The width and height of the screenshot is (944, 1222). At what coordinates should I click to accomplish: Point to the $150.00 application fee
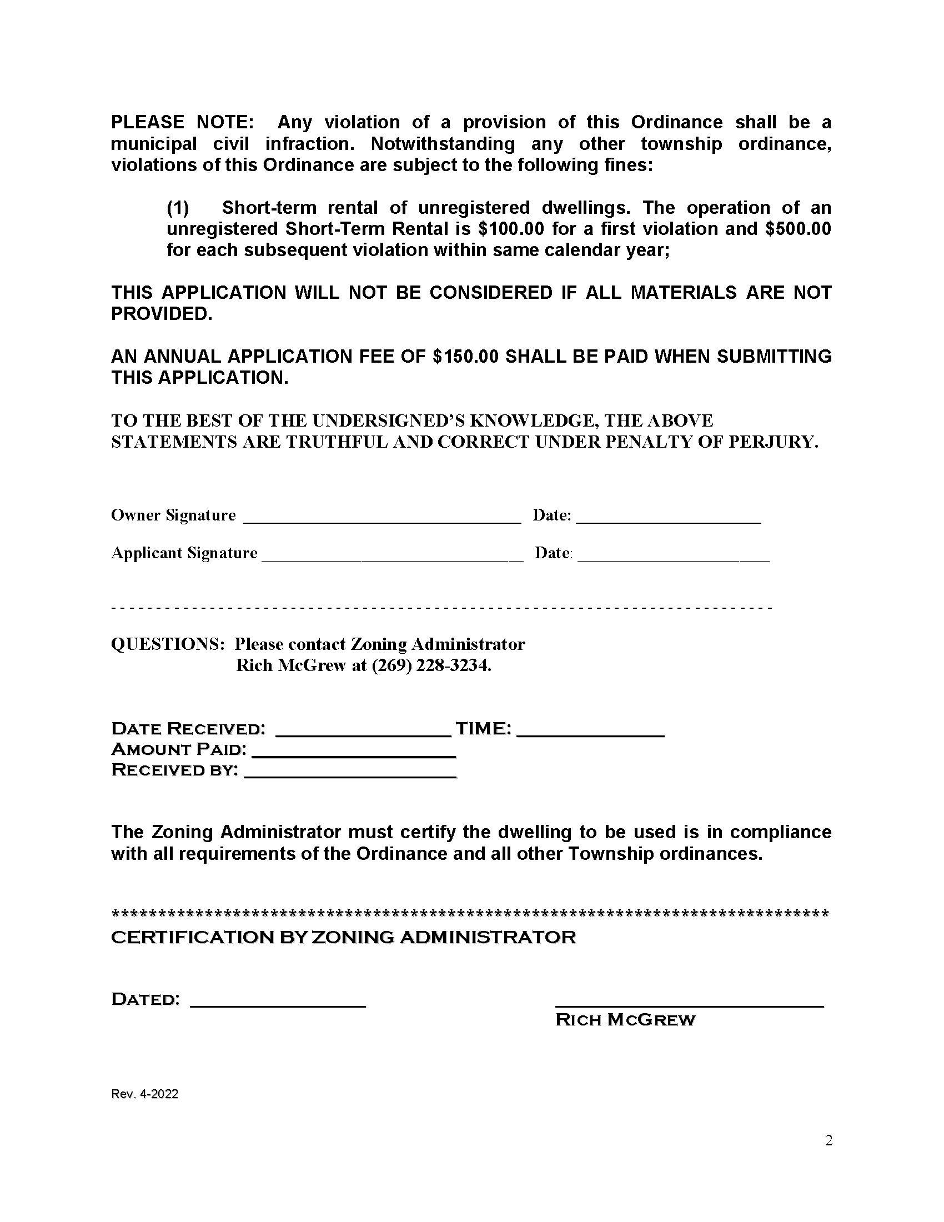465,357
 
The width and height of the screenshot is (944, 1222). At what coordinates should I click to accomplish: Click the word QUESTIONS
168,644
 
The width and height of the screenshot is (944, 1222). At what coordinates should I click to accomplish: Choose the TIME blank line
591,733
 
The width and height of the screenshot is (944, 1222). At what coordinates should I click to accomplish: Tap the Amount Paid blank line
354,754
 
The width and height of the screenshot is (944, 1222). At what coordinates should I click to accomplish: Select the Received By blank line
350,774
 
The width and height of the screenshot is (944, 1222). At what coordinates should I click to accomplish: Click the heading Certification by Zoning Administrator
343,937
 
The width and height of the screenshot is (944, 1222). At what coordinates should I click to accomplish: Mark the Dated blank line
278,1004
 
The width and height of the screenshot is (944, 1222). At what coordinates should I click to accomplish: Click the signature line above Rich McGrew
689,1004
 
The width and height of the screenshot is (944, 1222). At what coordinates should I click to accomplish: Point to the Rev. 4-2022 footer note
145,1094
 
